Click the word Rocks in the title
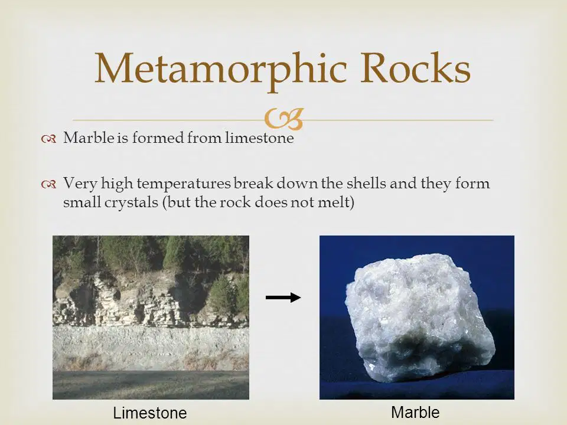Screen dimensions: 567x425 pos(415,67)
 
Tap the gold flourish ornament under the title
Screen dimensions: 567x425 pos(283,119)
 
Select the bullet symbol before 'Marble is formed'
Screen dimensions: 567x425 pos(48,139)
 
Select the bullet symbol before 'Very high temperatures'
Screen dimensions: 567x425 pos(48,185)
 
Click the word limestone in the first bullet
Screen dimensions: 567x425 pos(259,138)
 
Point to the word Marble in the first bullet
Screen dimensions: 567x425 pos(89,138)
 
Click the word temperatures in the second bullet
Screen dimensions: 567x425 pos(183,184)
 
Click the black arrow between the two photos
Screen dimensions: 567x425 pos(283,297)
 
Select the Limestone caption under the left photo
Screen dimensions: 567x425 pos(149,413)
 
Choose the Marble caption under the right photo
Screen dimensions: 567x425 pos(415,412)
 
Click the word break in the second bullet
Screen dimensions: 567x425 pos(253,183)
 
